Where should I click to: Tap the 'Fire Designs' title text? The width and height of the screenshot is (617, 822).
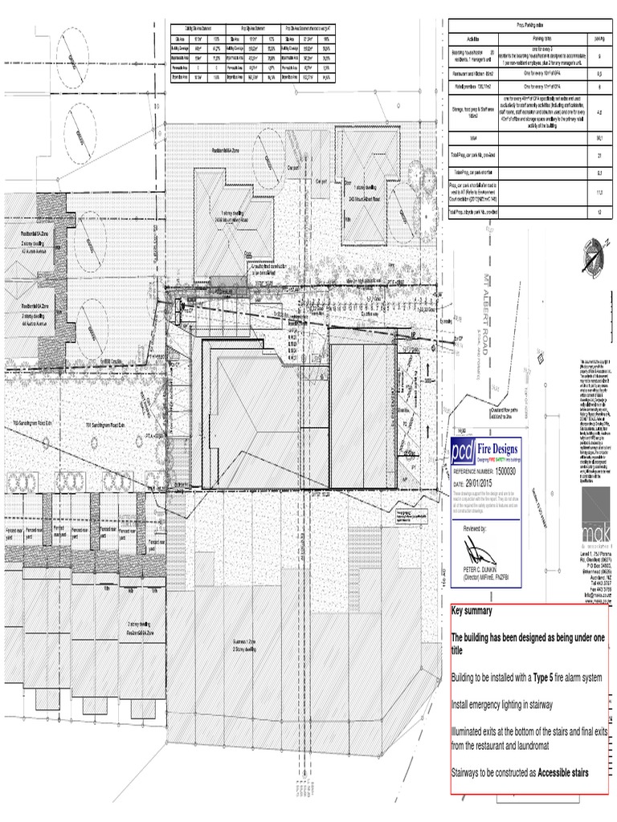(x=500, y=446)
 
